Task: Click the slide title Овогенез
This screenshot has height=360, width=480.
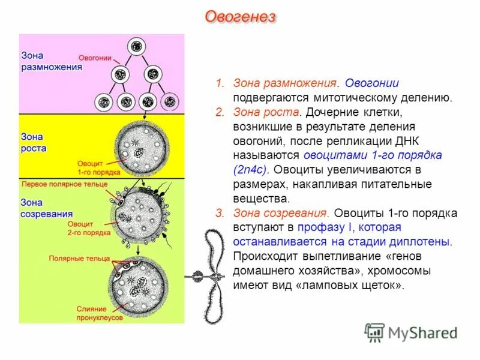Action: point(240,17)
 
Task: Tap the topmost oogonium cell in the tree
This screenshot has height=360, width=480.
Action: point(137,47)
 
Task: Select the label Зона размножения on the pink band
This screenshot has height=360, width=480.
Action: point(51,61)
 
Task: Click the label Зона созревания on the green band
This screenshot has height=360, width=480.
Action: point(47,208)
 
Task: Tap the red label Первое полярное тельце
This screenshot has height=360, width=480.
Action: point(64,184)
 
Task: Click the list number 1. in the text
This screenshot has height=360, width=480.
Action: point(220,83)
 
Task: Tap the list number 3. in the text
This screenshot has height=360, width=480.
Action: point(220,214)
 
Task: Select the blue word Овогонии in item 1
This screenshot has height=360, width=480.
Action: point(376,83)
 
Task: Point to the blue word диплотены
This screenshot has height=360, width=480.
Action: point(421,241)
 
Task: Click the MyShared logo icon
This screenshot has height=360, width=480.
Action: point(374,332)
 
